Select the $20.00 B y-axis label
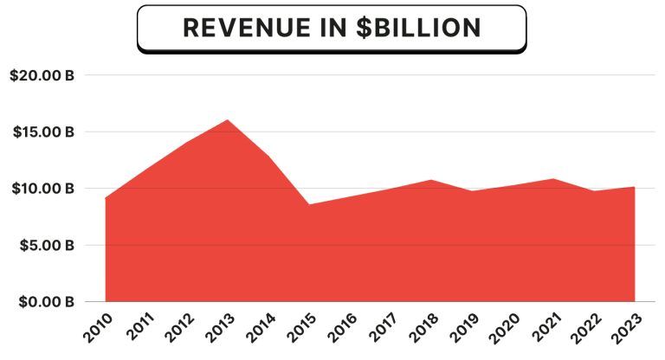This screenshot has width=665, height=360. (x=42, y=75)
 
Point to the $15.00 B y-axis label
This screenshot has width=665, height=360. (x=42, y=132)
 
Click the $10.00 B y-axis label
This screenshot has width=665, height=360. (x=42, y=189)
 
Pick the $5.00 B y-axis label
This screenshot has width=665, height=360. (x=43, y=245)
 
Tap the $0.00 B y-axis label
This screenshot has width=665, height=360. (x=43, y=302)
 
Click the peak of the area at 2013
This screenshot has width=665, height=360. (x=227, y=120)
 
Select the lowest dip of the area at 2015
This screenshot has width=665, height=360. (x=309, y=205)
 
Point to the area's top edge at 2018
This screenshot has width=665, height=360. (x=431, y=180)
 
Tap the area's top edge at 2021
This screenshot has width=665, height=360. (x=553, y=179)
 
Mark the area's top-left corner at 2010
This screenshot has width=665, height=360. (x=106, y=198)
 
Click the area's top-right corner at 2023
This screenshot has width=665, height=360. (x=635, y=187)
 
